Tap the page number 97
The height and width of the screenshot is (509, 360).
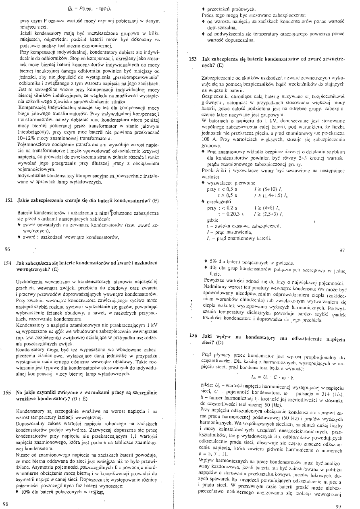click(342, 250)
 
